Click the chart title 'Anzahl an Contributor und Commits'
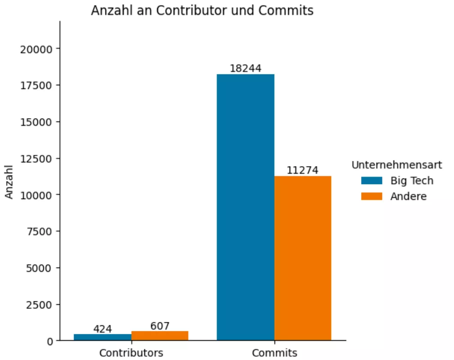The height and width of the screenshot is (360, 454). pos(202,10)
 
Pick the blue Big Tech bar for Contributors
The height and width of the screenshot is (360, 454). pos(102,337)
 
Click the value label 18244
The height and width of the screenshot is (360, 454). pos(245,68)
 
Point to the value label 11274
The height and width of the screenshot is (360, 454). pos(302,170)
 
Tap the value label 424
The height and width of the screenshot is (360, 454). pos(102,329)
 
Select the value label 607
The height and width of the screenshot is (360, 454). pos(160,326)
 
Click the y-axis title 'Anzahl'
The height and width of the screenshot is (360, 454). pos(9,182)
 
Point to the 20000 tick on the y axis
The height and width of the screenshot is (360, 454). pos(36,49)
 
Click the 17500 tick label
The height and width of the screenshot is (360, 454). pos(36,85)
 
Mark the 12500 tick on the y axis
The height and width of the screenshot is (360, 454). pos(36,158)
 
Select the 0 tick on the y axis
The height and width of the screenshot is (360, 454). pos(50,341)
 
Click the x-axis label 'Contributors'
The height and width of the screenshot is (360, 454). pos(131,353)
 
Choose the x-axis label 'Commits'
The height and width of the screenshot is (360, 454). pos(274,353)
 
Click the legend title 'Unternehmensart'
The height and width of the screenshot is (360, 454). pos(397,165)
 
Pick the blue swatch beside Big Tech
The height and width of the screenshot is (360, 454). pos(371,181)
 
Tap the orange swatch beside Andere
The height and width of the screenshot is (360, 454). pos(371,196)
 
